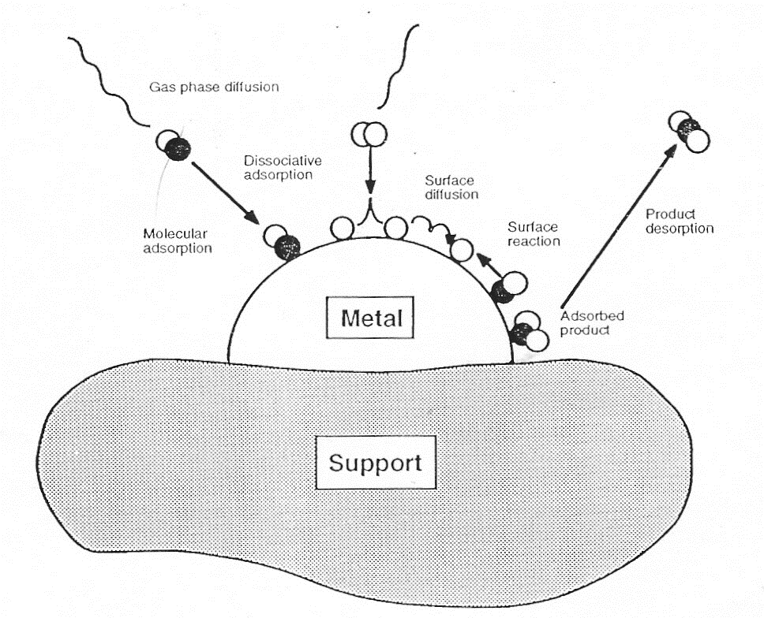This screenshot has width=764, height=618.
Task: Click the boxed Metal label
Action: pos(370,318)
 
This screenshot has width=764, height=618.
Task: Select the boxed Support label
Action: pos(376,462)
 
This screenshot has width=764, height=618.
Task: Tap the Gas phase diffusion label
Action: pos(214,87)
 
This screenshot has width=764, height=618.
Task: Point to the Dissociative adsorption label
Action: pos(283,167)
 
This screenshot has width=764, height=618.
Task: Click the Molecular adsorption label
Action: pos(178,241)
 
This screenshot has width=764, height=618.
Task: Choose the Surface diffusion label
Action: pos(451,188)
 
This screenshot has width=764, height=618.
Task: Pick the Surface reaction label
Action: pos(534,234)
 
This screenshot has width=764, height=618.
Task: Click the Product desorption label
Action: pos(680,222)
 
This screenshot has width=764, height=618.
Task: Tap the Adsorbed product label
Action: pos(592,323)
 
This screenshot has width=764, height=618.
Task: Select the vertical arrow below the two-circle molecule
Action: pos(371,169)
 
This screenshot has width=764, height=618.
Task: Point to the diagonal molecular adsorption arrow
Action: pos(225,193)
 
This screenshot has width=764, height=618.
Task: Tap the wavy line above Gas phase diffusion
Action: pos(108,83)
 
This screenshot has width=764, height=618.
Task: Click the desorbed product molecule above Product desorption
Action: pos(688,132)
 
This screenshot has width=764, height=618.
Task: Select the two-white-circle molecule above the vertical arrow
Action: pos(369,134)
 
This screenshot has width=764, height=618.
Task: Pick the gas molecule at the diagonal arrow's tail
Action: pos(173,145)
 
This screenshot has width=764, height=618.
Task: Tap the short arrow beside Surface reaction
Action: pos(489,265)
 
